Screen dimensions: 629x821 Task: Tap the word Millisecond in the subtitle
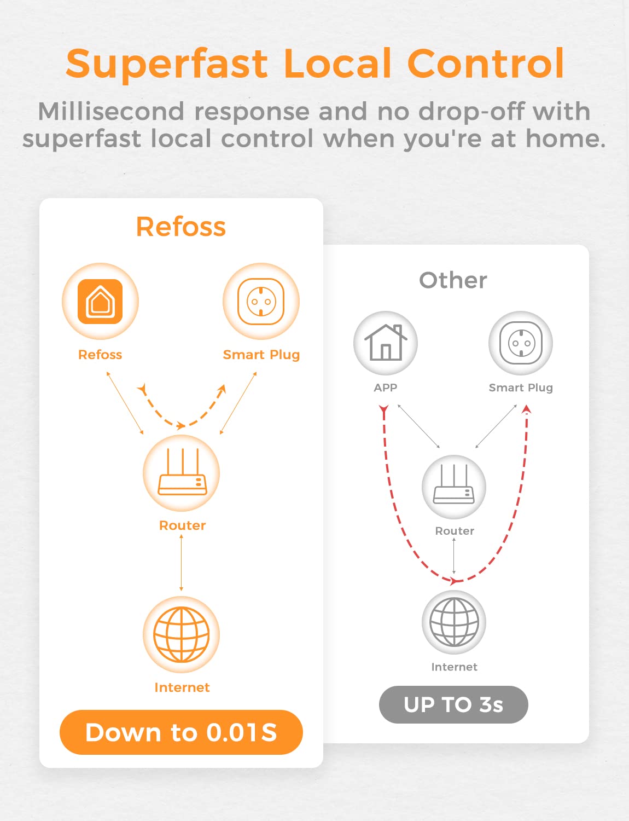111,112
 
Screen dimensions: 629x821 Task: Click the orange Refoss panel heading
181,227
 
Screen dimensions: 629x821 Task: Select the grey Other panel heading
453,280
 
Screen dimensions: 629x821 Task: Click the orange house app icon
100,302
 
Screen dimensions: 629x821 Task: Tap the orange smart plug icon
261,302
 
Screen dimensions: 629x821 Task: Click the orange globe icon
181,635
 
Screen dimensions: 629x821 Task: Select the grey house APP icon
386,342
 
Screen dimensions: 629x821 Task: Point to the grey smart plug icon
521,343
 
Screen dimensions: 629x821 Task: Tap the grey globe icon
454,622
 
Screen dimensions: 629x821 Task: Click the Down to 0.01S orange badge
181,732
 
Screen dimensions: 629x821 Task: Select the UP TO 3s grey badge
453,704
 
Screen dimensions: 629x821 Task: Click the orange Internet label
182,687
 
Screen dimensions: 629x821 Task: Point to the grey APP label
386,388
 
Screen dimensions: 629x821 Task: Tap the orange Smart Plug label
261,355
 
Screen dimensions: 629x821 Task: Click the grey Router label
455,531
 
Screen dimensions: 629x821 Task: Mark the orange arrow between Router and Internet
181,563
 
